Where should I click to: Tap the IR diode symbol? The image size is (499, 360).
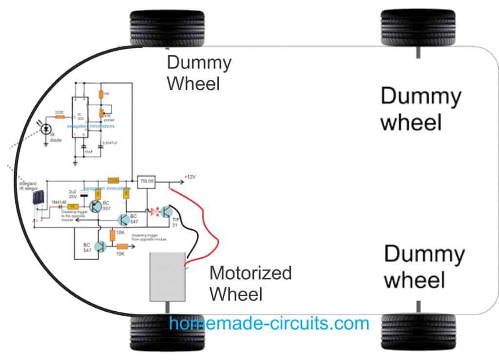(47, 129)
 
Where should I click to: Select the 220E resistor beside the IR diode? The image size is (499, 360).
(60, 116)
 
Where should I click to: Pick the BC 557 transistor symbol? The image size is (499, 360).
(96, 207)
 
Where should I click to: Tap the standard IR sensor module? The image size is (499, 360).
(37, 200)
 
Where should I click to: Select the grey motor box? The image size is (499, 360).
(168, 277)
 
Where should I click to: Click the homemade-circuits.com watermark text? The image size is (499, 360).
(269, 323)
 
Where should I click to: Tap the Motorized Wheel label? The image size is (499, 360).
(250, 283)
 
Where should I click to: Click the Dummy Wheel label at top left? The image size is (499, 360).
(199, 73)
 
